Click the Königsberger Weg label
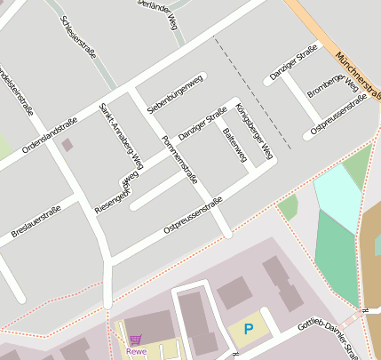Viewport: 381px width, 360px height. [x=256, y=134]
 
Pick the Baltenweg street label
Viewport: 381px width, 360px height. [x=234, y=145]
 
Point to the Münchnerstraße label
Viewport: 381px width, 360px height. [x=357, y=75]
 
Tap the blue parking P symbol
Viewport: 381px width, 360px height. [x=249, y=330]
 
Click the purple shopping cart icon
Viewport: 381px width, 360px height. [x=135, y=340]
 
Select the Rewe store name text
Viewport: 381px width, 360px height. [x=136, y=351]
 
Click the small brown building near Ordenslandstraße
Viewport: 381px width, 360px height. [x=68, y=144]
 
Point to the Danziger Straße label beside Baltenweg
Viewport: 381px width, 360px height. [x=202, y=124]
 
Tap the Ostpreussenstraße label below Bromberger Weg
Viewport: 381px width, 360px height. [x=338, y=116]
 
